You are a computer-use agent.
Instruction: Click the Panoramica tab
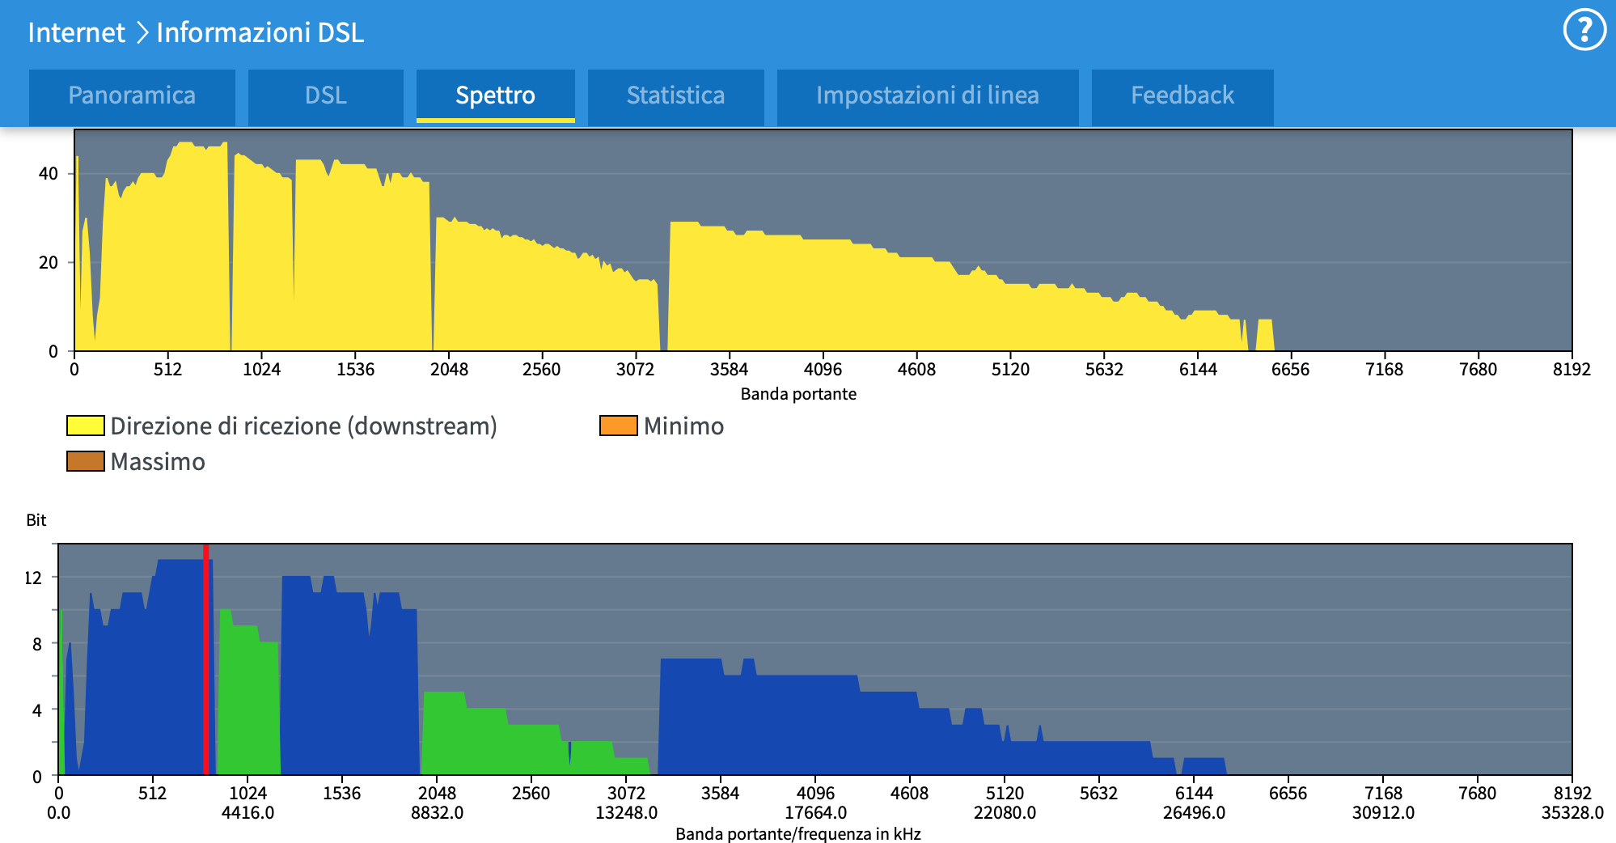pyautogui.click(x=132, y=95)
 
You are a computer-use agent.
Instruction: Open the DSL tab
pyautogui.click(x=325, y=95)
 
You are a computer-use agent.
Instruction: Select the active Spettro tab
pyautogui.click(x=495, y=95)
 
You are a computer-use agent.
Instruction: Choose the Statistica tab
pyautogui.click(x=675, y=95)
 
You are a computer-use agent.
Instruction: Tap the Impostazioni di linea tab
pyautogui.click(x=927, y=95)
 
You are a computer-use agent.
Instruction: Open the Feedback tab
pyautogui.click(x=1182, y=95)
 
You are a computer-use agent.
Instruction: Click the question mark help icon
pyautogui.click(x=1584, y=30)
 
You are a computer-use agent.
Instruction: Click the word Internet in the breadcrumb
pyautogui.click(x=76, y=32)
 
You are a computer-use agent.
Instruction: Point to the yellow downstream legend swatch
pyautogui.click(x=85, y=426)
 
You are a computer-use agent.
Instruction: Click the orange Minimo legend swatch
pyautogui.click(x=618, y=426)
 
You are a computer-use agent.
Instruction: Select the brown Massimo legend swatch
pyautogui.click(x=85, y=461)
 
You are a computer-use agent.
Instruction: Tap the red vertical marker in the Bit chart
pyautogui.click(x=206, y=659)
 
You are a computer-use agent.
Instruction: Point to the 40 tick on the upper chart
pyautogui.click(x=49, y=173)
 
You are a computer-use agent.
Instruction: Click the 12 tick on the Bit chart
pyautogui.click(x=33, y=578)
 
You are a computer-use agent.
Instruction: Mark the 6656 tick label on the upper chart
pyautogui.click(x=1290, y=370)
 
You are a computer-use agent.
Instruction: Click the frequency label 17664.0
pyautogui.click(x=815, y=812)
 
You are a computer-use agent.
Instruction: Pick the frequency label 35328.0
pyautogui.click(x=1572, y=812)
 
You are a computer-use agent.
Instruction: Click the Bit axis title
pyautogui.click(x=36, y=520)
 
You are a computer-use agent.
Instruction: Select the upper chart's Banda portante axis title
pyautogui.click(x=798, y=394)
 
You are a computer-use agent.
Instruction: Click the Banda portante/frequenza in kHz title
pyautogui.click(x=798, y=834)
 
